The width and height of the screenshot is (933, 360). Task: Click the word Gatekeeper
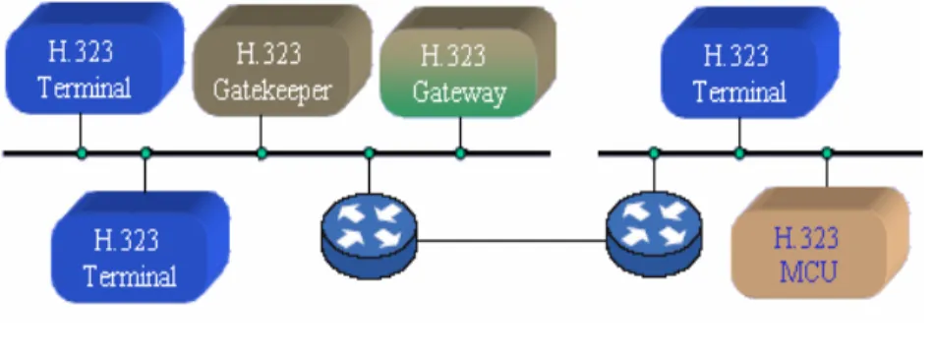tap(271, 90)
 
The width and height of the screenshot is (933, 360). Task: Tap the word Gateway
tap(459, 92)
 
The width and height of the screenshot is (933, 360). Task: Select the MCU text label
tap(808, 272)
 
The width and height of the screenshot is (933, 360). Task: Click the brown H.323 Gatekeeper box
tap(282, 61)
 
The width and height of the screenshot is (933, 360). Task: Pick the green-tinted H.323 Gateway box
tap(468, 63)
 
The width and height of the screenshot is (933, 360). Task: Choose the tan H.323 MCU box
tap(820, 243)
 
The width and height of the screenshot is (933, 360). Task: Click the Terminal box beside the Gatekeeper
tap(94, 58)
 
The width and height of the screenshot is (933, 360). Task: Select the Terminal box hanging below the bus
tap(141, 247)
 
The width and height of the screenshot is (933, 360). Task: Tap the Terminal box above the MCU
tap(750, 63)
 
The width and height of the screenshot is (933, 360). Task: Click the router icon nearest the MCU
tap(654, 235)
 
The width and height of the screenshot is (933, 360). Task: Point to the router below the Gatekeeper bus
tap(370, 236)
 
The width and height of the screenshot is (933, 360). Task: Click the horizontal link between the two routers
tap(511, 241)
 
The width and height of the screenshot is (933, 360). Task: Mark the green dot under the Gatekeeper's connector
tap(262, 153)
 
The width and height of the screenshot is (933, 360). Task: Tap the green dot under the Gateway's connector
tap(460, 153)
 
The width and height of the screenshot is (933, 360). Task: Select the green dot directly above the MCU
tap(827, 153)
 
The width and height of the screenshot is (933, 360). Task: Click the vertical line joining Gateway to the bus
tap(460, 133)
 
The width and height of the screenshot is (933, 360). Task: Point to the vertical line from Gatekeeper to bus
tap(261, 132)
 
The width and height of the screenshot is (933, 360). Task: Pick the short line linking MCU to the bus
tap(827, 172)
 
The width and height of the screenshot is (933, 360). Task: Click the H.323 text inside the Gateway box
tap(453, 56)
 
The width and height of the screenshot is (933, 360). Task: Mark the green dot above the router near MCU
tap(654, 153)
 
